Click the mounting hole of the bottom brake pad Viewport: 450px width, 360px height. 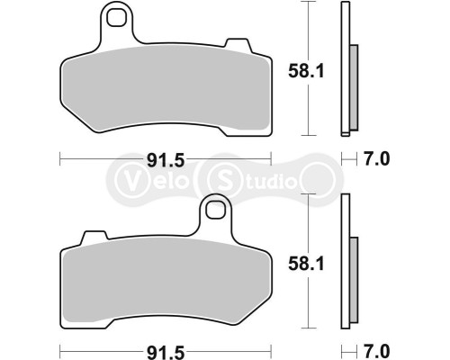pyautogui.click(x=214, y=211)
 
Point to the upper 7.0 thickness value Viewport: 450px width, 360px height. pyautogui.click(x=379, y=160)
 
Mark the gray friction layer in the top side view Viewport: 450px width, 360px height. pyautogui.click(x=353, y=85)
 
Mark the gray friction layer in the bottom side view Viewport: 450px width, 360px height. pyautogui.click(x=353, y=279)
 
